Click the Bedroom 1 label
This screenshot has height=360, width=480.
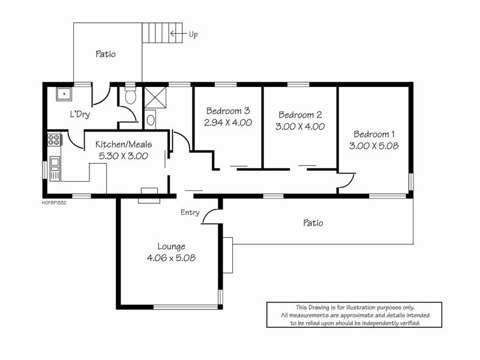coord(374,134)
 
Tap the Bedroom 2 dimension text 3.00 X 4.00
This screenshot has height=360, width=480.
coord(300,127)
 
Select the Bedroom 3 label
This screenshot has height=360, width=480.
coord(228,110)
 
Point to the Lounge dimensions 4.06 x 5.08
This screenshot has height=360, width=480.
coord(171,258)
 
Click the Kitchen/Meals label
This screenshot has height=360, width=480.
coord(124,144)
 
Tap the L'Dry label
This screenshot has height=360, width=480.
coord(80,115)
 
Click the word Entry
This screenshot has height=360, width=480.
coord(190,212)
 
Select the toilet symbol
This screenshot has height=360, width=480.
coord(131,94)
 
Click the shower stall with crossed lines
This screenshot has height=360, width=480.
coord(155,97)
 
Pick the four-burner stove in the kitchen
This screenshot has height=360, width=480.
coord(54,140)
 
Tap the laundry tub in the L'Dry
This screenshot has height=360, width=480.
coord(64,94)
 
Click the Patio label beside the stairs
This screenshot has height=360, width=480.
coord(106,54)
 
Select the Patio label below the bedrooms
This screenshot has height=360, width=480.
coord(313,223)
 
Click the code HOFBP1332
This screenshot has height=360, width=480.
coord(54,203)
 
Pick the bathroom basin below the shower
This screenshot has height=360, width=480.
coord(151,119)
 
